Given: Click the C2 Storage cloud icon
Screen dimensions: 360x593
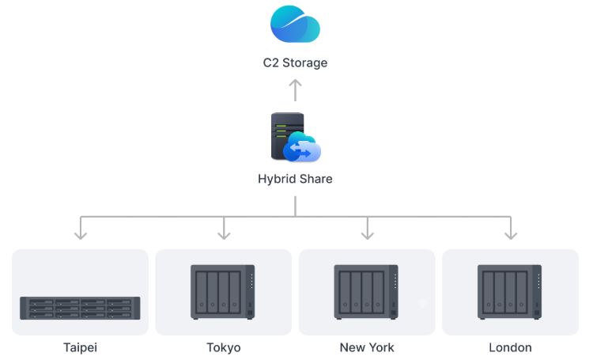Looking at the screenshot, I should pos(295,25).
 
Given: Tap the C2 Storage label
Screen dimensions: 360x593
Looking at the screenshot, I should pos(295,63).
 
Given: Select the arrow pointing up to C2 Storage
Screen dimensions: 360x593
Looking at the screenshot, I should pos(295,89).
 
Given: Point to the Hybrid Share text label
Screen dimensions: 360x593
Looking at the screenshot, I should pos(295,179).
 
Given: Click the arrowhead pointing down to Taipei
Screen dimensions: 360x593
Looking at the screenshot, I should pos(80,234).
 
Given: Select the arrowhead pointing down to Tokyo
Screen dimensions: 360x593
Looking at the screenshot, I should pos(224,234).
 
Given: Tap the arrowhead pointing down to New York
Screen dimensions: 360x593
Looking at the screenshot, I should pos(367,234).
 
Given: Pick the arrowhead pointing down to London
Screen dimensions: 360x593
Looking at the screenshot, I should pos(511,234).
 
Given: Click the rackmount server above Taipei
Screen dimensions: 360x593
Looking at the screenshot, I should pos(80,308).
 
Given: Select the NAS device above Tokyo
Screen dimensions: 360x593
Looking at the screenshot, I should pos(223,292).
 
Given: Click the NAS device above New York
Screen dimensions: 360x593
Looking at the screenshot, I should pos(366,292).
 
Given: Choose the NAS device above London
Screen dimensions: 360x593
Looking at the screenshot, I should pos(510,292).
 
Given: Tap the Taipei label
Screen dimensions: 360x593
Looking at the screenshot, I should pos(80,347).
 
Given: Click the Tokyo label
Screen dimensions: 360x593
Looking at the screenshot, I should pos(224,347).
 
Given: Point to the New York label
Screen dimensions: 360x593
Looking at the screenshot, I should pos(367,347).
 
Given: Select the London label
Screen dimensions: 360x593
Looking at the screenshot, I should pos(511,347).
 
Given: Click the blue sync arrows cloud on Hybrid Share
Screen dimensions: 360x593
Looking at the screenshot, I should pos(303,148).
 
